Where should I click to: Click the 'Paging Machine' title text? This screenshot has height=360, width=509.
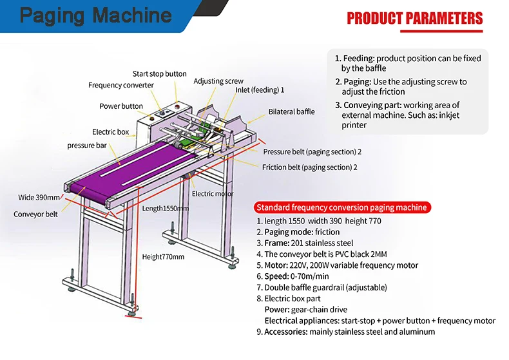(95, 15)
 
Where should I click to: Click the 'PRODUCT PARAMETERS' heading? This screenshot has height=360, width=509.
(414, 18)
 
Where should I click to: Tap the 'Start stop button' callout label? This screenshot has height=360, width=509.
(160, 74)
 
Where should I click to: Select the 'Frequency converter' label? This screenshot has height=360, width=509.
(121, 86)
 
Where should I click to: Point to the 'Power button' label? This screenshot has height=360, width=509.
(121, 106)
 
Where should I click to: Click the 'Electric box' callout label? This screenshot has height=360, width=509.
(110, 132)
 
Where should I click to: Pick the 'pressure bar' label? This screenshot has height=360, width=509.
(87, 146)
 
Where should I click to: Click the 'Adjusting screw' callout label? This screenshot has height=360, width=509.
(218, 81)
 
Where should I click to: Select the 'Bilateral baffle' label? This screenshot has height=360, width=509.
(291, 111)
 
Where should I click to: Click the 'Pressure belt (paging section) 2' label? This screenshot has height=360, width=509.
(312, 152)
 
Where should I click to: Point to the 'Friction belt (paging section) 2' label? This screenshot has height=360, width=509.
(310, 167)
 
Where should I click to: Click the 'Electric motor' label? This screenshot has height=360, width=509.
(213, 194)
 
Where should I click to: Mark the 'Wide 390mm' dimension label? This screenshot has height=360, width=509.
(39, 197)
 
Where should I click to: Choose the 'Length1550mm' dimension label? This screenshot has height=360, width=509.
(166, 209)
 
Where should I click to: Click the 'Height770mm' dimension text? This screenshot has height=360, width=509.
(163, 257)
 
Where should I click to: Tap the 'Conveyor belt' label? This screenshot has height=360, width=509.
(36, 214)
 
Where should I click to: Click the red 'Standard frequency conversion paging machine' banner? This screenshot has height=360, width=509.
(341, 207)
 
